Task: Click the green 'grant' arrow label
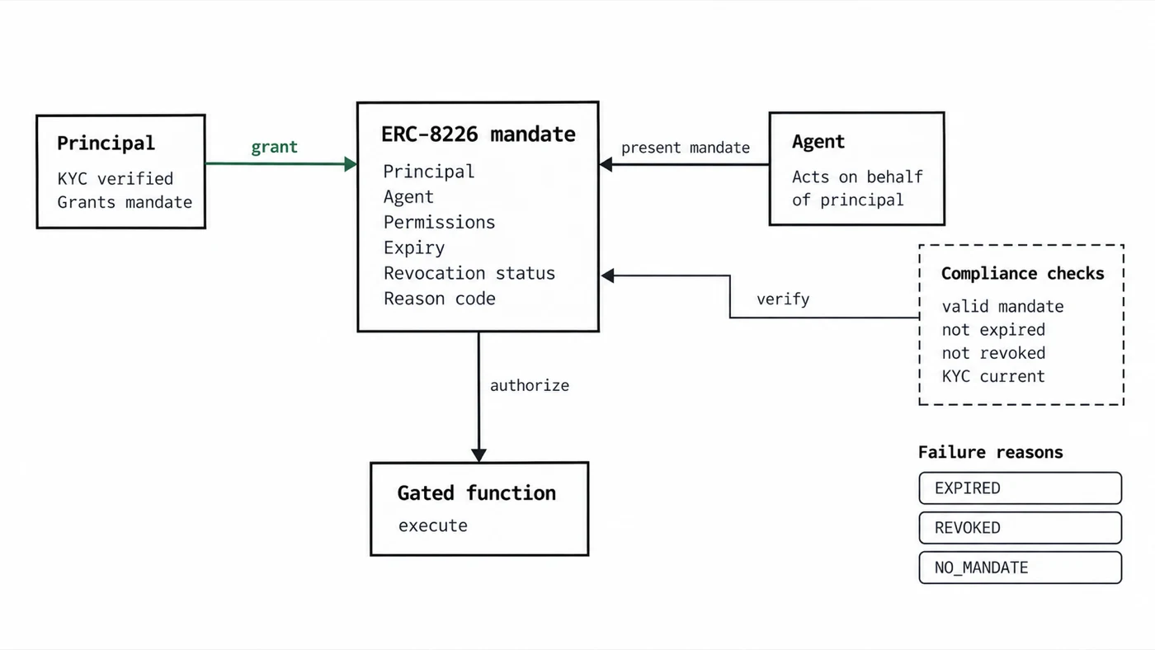[274, 148]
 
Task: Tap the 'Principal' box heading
[106, 144]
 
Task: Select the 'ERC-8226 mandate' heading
[478, 134]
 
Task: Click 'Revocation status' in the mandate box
[469, 273]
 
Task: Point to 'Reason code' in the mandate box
[439, 299]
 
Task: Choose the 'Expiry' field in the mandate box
[414, 248]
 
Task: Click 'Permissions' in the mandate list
[439, 223]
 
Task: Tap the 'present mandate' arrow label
[686, 148]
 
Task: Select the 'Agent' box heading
[818, 142]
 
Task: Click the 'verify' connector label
[783, 299]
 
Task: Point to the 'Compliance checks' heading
[1022, 273]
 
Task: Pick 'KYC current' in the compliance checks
[993, 377]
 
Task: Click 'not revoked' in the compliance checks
[993, 354]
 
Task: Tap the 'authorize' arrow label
[530, 385]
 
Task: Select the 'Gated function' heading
[477, 493]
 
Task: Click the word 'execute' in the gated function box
[432, 525]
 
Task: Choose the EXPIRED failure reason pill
[1020, 488]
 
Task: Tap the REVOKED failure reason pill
[1020, 528]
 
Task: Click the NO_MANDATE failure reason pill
[1020, 568]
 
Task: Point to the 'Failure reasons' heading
[991, 453]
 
